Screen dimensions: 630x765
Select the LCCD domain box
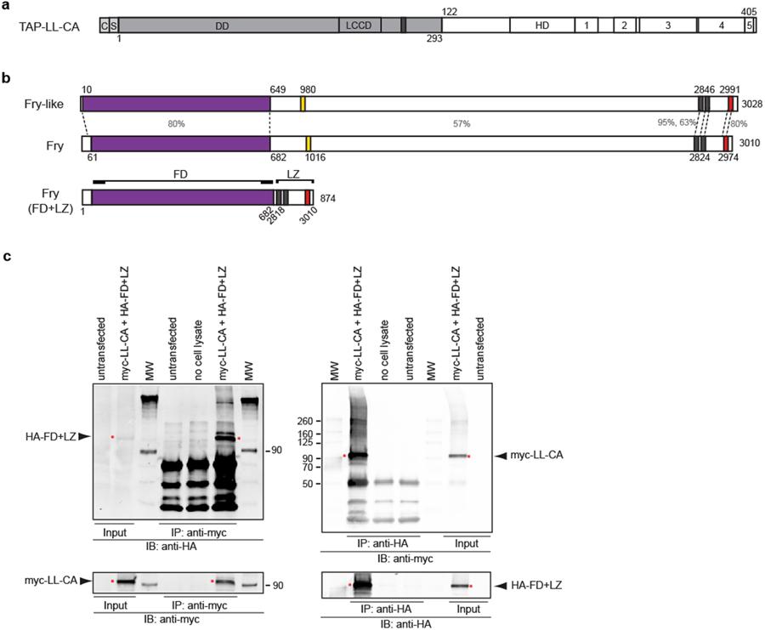point(359,25)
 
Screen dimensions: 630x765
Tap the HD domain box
point(541,25)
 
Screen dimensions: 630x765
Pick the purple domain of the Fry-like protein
point(176,104)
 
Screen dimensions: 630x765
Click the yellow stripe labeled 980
point(303,104)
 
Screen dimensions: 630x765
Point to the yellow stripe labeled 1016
point(309,144)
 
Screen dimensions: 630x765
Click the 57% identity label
point(461,124)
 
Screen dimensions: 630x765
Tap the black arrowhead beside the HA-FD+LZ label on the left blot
point(82,437)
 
